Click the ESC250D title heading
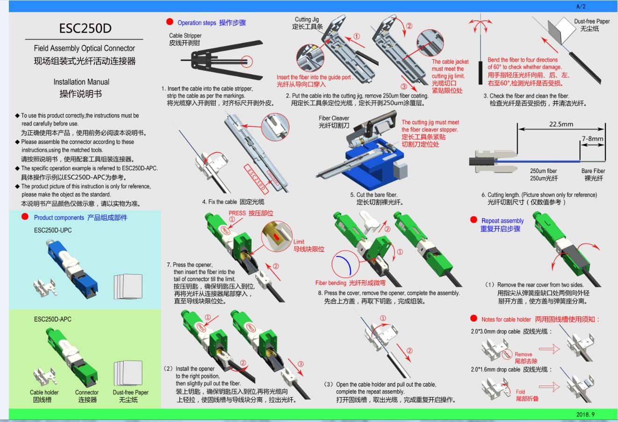pyautogui.click(x=85, y=28)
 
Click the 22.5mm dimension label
pyautogui.click(x=561, y=124)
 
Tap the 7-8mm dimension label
pyautogui.click(x=592, y=138)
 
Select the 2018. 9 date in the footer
pyautogui.click(x=585, y=414)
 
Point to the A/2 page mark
pyautogui.click(x=581, y=7)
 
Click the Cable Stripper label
pyautogui.click(x=185, y=35)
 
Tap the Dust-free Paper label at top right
pyautogui.click(x=592, y=21)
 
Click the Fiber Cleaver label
pyautogui.click(x=334, y=118)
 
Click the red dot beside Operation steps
pyautogui.click(x=169, y=22)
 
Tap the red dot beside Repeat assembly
pyautogui.click(x=473, y=220)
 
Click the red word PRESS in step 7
pyautogui.click(x=237, y=213)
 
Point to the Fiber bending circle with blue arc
pyautogui.click(x=347, y=265)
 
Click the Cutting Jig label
pyautogui.click(x=307, y=20)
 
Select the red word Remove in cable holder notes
pyautogui.click(x=523, y=354)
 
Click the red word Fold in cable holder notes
pyautogui.click(x=520, y=392)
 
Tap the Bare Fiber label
pyautogui.click(x=593, y=171)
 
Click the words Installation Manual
pyautogui.click(x=81, y=82)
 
